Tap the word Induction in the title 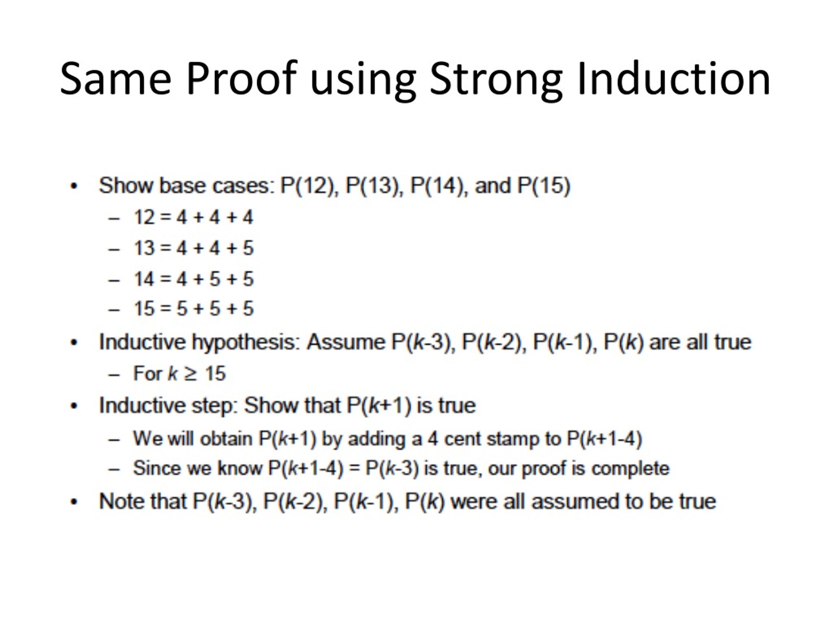[673, 79]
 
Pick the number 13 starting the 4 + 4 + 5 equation [144, 248]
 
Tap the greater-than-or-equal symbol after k [191, 373]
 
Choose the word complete [630, 469]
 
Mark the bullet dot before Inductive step [74, 406]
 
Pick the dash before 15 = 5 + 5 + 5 [114, 309]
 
